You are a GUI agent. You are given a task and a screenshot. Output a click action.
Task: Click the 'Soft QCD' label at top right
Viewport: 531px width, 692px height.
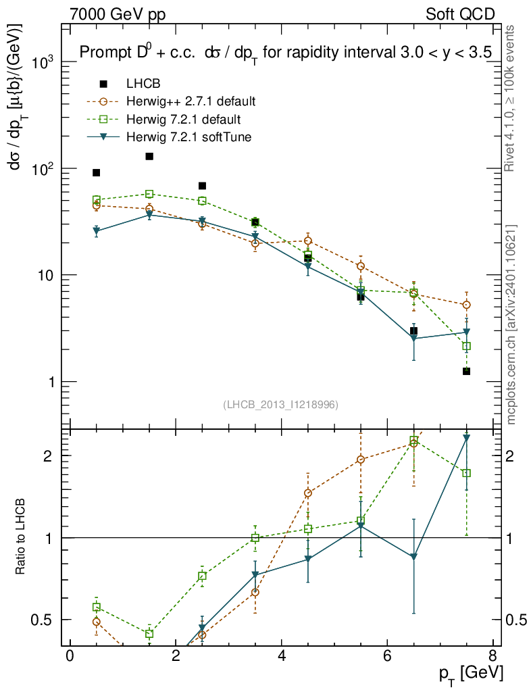[460, 14]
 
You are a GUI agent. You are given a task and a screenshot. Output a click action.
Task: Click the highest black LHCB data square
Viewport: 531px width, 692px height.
[149, 157]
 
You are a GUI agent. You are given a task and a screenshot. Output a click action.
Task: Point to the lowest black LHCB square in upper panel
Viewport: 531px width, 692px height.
[466, 371]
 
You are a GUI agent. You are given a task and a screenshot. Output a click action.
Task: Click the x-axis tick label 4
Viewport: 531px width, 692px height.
[281, 656]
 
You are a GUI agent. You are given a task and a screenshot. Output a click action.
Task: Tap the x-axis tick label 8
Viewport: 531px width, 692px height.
[492, 656]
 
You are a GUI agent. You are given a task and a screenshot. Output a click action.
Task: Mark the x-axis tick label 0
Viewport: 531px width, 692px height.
[70, 656]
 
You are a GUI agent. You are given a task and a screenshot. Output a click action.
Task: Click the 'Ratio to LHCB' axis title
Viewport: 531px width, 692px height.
[21, 537]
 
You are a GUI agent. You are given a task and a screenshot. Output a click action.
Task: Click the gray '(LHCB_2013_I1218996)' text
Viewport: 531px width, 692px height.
[280, 404]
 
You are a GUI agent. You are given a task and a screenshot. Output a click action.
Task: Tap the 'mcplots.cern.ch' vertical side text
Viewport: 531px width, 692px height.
[511, 324]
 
